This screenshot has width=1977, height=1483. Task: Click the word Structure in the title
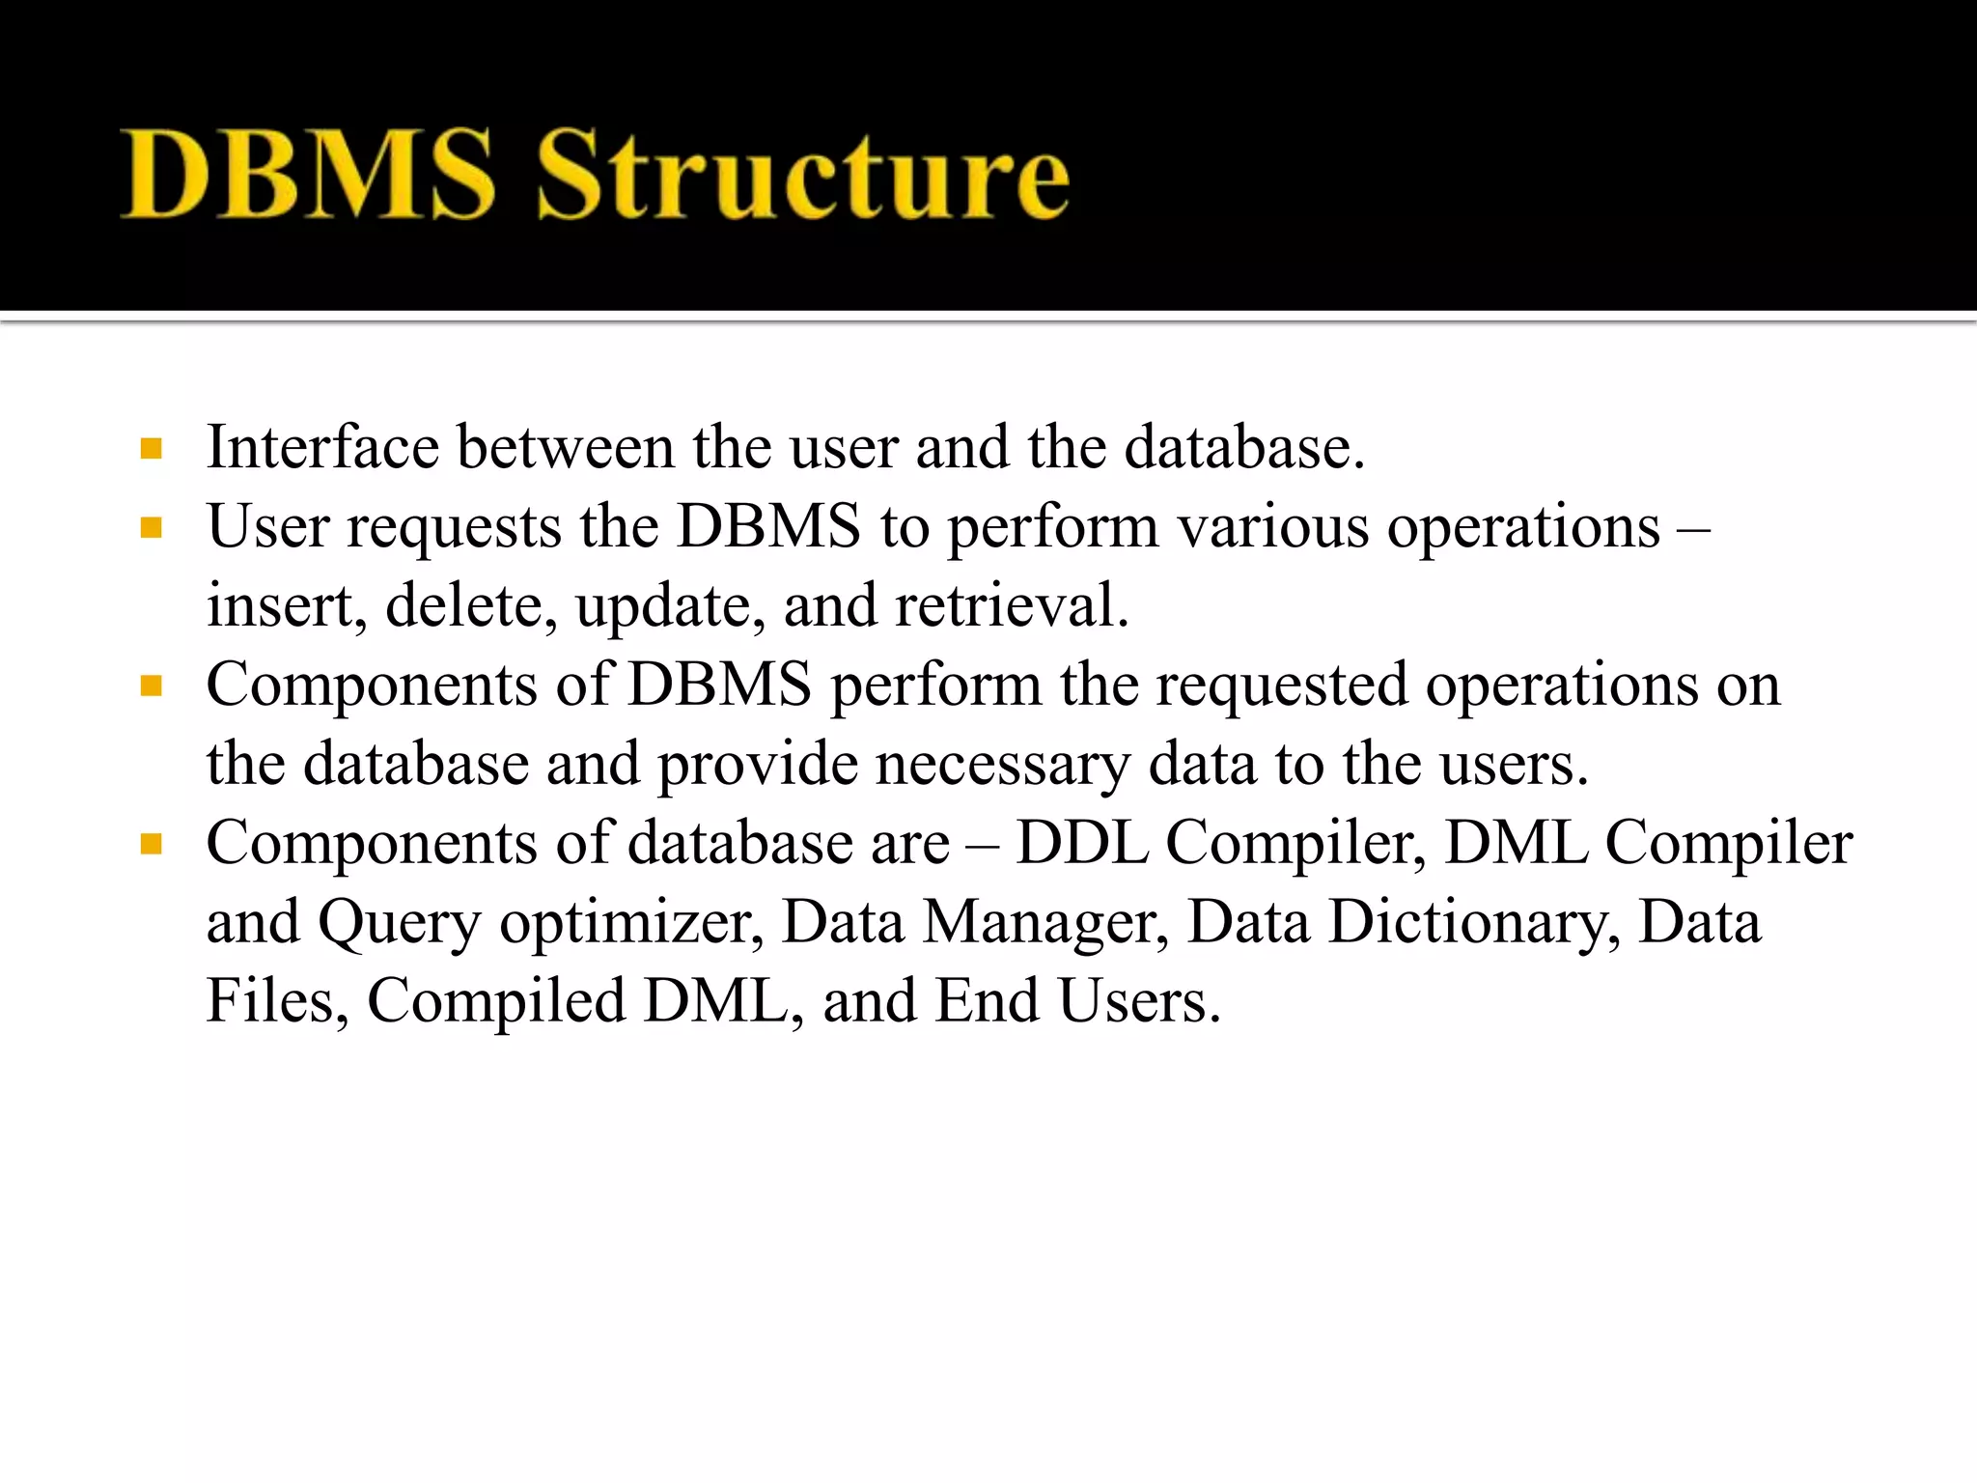coord(802,175)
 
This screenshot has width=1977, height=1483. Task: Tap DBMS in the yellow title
coord(308,175)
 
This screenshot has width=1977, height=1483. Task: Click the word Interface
coord(323,447)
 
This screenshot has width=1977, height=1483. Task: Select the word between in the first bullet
coord(566,447)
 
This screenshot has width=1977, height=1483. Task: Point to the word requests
coord(454,528)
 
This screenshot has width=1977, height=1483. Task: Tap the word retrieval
coord(1011,606)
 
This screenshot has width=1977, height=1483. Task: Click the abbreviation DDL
coord(1082,843)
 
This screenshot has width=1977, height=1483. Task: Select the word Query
coord(400,923)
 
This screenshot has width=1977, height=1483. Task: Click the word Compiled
coord(496,1001)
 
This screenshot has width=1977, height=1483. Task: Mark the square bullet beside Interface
coord(151,449)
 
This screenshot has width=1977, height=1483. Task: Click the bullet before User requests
coord(151,528)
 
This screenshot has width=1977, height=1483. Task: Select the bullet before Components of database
coord(151,845)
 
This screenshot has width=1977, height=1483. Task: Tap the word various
coord(1273,528)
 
